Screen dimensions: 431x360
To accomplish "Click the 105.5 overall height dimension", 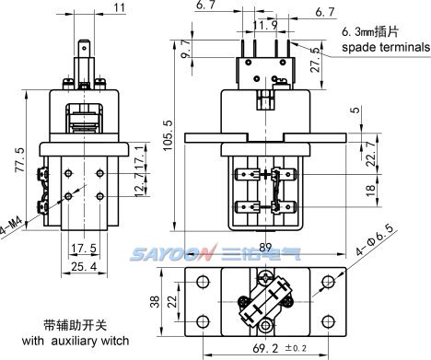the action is [169, 135].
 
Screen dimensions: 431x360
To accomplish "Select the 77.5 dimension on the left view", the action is [20, 159].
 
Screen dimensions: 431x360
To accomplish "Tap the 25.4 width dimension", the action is [84, 266].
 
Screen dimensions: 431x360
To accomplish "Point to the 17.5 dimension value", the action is [84, 248].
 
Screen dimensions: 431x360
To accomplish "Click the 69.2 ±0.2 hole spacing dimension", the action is [279, 348].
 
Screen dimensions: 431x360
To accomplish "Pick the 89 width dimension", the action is [265, 247].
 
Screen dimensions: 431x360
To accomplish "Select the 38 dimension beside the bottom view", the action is [156, 302].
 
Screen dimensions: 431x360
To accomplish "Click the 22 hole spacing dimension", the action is [173, 302].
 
